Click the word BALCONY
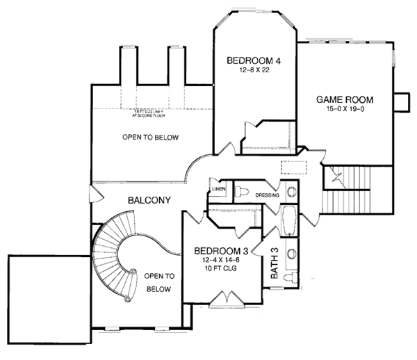[x=149, y=201]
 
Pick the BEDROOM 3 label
[x=218, y=249]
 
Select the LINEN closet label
[x=218, y=189]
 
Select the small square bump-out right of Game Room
[x=401, y=101]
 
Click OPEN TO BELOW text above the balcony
[x=151, y=138]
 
